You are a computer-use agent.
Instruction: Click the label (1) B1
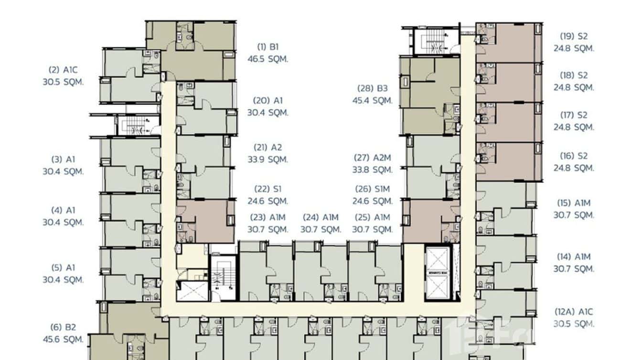tap(267, 47)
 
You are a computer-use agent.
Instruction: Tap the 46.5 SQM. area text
tap(267, 59)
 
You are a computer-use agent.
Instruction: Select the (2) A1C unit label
tap(63, 70)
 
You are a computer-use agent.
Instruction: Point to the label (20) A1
tap(267, 101)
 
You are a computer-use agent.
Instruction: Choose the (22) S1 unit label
tap(267, 189)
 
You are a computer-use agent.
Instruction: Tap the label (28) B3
tap(373, 88)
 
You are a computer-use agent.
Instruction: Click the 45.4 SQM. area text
tap(373, 101)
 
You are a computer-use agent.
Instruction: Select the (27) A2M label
tap(373, 158)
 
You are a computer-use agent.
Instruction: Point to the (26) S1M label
tap(373, 189)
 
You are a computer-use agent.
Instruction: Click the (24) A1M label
tap(320, 217)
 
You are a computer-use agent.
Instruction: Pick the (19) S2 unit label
tap(574, 36)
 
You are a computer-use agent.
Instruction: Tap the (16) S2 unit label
tap(574, 156)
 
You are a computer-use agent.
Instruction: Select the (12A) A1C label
tap(574, 312)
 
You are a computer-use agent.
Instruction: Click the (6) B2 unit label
tap(63, 328)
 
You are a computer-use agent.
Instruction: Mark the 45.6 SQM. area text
tap(63, 339)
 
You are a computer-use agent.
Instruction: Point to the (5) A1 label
tap(63, 268)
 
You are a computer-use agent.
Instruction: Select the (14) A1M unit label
tap(574, 257)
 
